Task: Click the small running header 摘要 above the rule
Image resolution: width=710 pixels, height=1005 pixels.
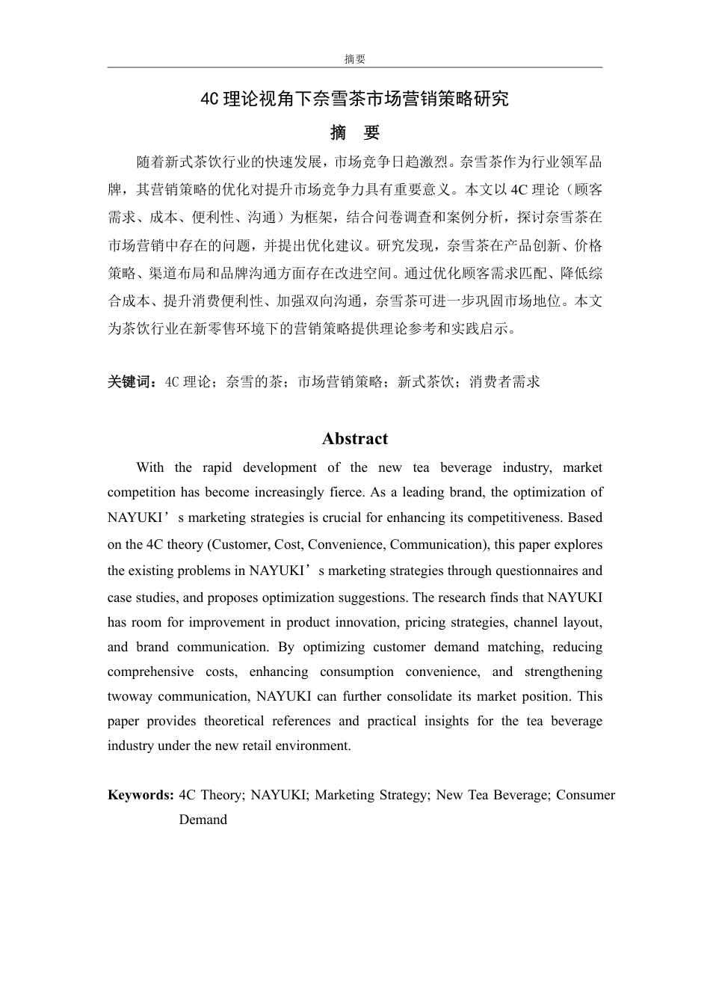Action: (354, 59)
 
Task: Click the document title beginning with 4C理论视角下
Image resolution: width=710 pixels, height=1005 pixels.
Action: (354, 99)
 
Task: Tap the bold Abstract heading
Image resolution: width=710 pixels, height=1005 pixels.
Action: (355, 439)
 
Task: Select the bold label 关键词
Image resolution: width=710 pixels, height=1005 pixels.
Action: (132, 382)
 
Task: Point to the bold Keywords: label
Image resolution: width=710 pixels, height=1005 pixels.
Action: (141, 795)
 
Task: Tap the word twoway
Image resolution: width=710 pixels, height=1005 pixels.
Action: (130, 696)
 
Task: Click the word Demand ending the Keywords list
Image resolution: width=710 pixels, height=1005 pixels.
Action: (203, 820)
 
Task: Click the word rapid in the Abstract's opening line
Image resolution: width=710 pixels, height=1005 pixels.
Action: (217, 468)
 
